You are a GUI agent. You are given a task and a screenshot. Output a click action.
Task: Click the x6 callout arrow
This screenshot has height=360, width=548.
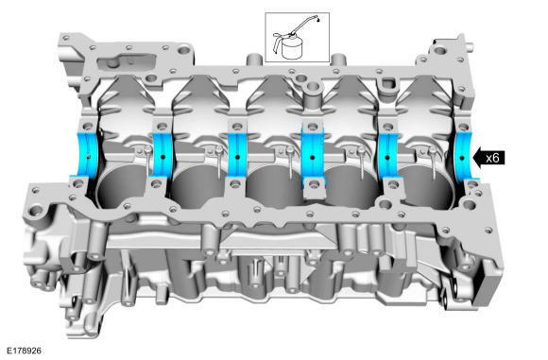click(488, 158)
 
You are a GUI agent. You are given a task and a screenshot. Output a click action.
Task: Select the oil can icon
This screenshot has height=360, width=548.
click(296, 38)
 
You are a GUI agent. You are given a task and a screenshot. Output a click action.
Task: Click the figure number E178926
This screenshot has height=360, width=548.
click(25, 351)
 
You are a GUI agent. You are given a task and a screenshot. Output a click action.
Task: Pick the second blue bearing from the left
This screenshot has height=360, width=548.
click(163, 156)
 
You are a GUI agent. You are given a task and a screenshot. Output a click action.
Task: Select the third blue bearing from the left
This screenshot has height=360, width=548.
click(238, 156)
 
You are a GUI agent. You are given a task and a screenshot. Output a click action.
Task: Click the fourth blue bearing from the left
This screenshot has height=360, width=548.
click(313, 157)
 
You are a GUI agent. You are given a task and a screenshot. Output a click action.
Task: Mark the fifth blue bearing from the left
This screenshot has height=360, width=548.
click(387, 157)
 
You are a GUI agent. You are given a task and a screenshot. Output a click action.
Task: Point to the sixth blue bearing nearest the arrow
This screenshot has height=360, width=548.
click(464, 157)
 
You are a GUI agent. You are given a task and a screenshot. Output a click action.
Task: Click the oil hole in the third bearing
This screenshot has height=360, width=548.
click(238, 157)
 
